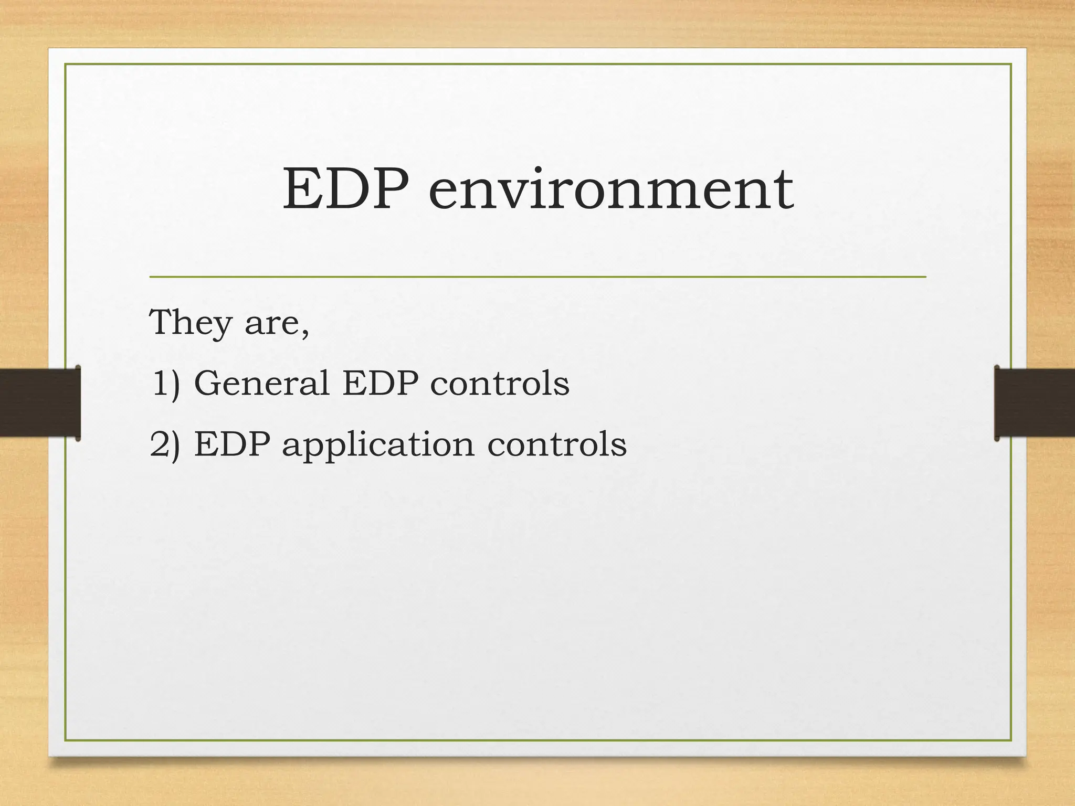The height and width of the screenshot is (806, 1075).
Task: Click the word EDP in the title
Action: (x=345, y=189)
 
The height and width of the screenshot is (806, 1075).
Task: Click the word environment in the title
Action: (x=610, y=190)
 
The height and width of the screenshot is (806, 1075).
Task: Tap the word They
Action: (x=190, y=323)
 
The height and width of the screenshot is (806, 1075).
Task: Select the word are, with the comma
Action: (x=277, y=323)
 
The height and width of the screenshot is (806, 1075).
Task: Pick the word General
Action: (x=261, y=383)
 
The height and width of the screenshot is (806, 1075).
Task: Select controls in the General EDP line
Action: (x=500, y=383)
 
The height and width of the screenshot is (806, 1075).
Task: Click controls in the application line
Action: (x=557, y=444)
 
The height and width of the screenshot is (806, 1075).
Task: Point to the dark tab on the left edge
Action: (x=40, y=402)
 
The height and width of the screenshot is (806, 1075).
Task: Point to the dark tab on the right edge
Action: (x=1034, y=402)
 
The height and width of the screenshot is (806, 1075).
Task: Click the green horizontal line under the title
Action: (x=537, y=277)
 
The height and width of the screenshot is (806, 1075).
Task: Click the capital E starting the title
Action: (x=302, y=189)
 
